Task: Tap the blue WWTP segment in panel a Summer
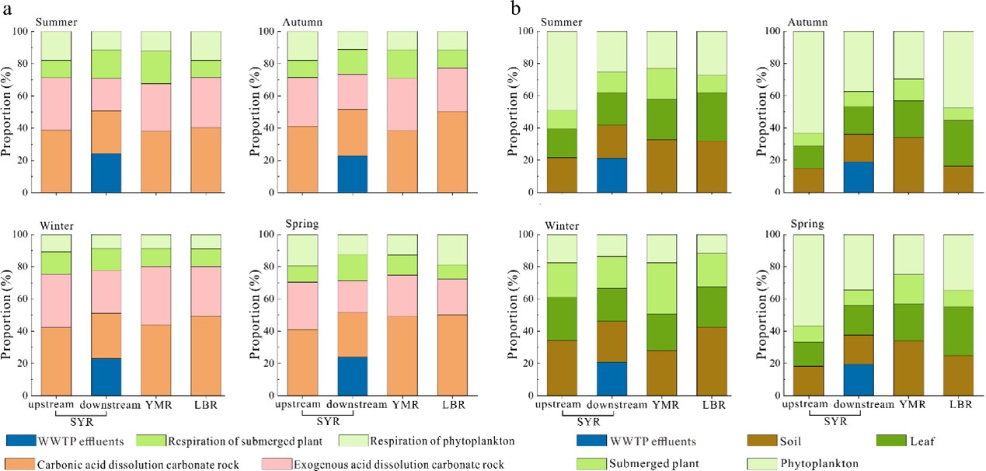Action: tap(106, 173)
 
